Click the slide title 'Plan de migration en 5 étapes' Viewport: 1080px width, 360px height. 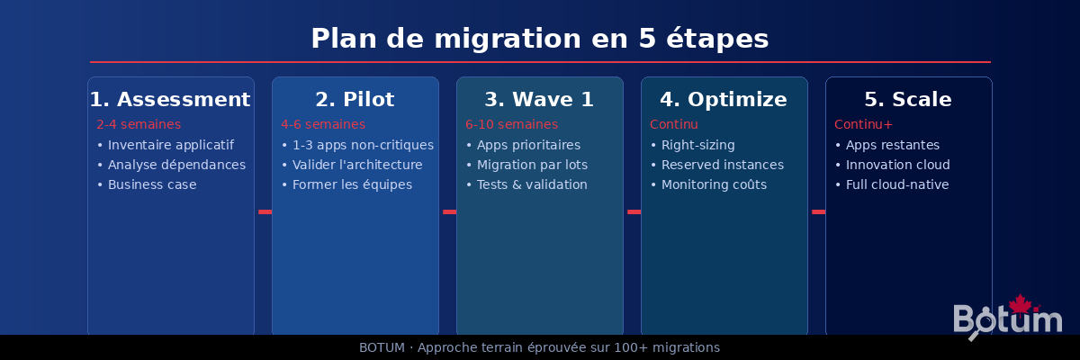point(540,39)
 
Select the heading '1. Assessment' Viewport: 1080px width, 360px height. point(170,99)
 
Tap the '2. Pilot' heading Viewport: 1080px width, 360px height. point(355,99)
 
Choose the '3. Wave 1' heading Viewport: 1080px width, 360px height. point(539,99)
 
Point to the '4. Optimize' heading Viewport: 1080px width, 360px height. point(724,99)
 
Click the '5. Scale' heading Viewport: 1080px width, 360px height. point(908,99)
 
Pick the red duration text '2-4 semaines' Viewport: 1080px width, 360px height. point(139,124)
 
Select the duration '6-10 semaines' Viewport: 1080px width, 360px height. point(511,124)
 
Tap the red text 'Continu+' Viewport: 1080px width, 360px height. point(863,124)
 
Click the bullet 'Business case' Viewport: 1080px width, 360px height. point(151,184)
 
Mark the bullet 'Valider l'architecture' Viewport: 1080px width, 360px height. point(356,165)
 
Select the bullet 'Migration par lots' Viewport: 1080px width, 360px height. point(532,165)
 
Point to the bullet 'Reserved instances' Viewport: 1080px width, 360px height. point(722,165)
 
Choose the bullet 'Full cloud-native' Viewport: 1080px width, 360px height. point(896,184)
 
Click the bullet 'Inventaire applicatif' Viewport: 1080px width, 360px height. point(170,145)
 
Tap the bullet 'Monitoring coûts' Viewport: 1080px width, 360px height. point(714,184)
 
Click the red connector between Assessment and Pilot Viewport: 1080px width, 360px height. point(265,211)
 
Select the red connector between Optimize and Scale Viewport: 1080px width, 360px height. point(818,211)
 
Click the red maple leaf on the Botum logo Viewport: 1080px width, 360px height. point(1020,303)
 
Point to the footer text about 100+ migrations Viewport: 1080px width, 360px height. point(540,347)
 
